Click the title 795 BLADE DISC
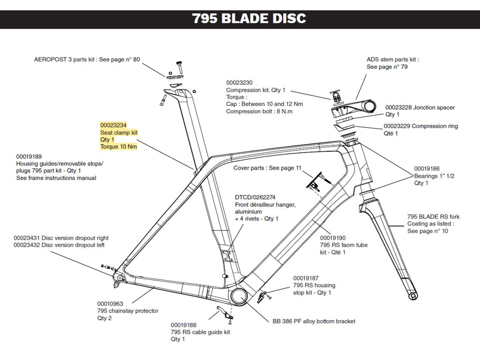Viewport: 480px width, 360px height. pos(249,19)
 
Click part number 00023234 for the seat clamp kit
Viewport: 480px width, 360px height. pos(113,125)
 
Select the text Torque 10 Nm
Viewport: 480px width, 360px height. pos(119,147)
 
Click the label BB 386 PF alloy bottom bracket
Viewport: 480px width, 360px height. pos(314,321)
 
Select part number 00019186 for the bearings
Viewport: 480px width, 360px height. pos(427,168)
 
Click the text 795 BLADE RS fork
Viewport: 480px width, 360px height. pos(433,217)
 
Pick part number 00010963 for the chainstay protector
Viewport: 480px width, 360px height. pos(110,303)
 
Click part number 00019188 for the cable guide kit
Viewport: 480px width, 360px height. pos(183,325)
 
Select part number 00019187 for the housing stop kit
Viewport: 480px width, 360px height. pos(306,278)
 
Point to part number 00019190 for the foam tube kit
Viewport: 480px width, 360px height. pos(333,238)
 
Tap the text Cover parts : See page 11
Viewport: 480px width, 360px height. pos(267,168)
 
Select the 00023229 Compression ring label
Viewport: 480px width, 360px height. pos(420,126)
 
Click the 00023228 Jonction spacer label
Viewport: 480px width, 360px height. pos(420,107)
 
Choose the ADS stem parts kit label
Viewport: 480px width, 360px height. pos(392,60)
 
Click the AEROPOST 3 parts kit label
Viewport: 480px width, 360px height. pos(87,60)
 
